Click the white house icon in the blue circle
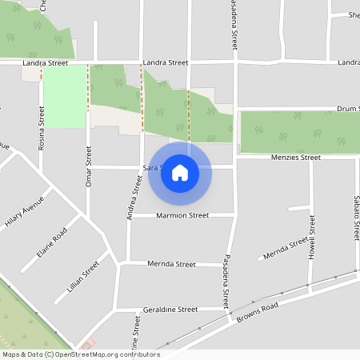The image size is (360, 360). [x=180, y=173]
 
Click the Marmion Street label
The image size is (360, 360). [x=182, y=216]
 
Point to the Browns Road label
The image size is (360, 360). [x=257, y=313]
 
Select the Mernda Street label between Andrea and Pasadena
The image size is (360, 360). [x=172, y=264]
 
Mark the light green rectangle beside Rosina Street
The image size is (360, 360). [x=64, y=96]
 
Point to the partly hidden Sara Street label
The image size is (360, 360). [x=152, y=168]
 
